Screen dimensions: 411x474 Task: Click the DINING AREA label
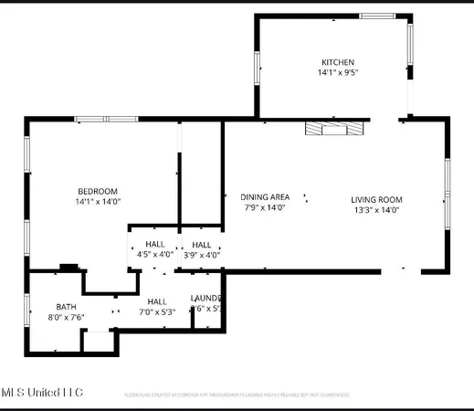(x=265, y=197)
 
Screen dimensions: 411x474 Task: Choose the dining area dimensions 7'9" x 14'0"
(x=265, y=208)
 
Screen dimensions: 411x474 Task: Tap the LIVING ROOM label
(x=376, y=199)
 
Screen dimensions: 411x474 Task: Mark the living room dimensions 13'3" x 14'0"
(x=376, y=210)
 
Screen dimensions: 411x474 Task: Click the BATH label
(x=66, y=307)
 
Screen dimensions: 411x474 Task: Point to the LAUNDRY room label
(x=205, y=299)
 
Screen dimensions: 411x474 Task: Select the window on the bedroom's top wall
(x=106, y=119)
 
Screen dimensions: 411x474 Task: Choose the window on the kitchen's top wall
(x=376, y=16)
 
